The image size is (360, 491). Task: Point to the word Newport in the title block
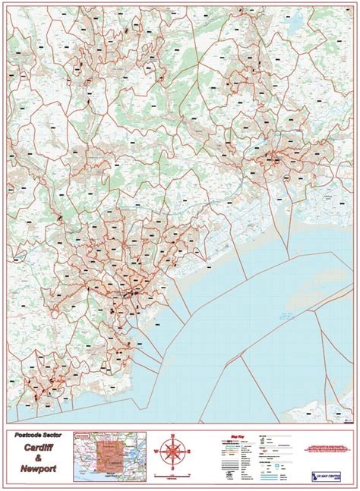[37, 471]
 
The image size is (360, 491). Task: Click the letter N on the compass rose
[173, 436]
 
